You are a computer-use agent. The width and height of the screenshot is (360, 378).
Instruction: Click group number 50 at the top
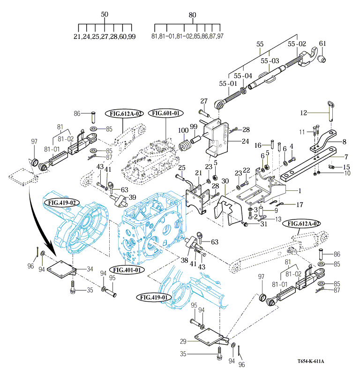[x=105, y=15]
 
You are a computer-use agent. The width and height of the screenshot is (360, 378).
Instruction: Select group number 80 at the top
[x=192, y=15]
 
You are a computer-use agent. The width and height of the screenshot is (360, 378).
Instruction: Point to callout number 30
[x=225, y=181]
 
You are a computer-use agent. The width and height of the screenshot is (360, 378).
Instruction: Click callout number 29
[x=183, y=341]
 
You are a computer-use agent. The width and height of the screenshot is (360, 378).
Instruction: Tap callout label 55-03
[x=270, y=61]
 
